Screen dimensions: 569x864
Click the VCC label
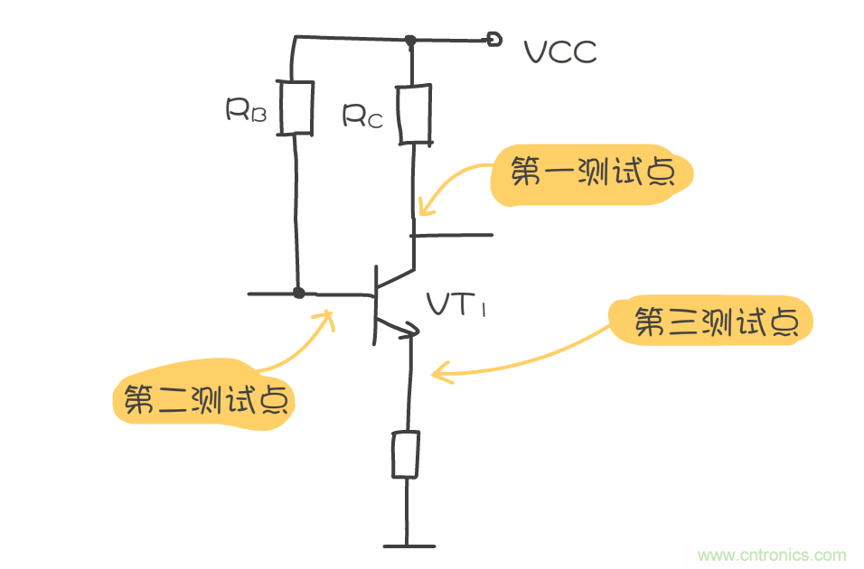560,52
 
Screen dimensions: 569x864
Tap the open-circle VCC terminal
493,39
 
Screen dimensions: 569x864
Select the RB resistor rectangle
296,108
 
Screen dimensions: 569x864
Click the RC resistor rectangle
413,114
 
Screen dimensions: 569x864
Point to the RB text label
245,110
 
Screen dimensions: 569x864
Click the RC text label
362,116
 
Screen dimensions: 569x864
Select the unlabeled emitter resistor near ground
405,453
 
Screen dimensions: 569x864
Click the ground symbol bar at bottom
409,546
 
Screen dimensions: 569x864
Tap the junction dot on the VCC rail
410,40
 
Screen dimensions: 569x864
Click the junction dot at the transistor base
299,293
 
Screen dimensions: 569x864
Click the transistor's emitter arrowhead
411,331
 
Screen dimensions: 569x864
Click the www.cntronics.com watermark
773,555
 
